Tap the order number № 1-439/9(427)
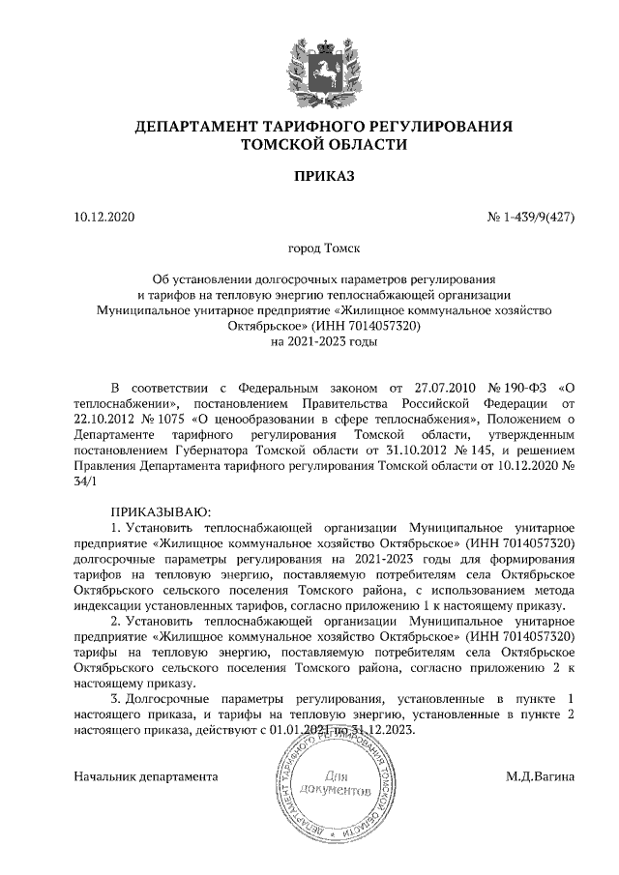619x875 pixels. click(530, 217)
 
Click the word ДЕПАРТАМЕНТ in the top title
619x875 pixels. click(193, 128)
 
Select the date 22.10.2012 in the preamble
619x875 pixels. click(105, 419)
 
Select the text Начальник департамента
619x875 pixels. click(146, 776)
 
